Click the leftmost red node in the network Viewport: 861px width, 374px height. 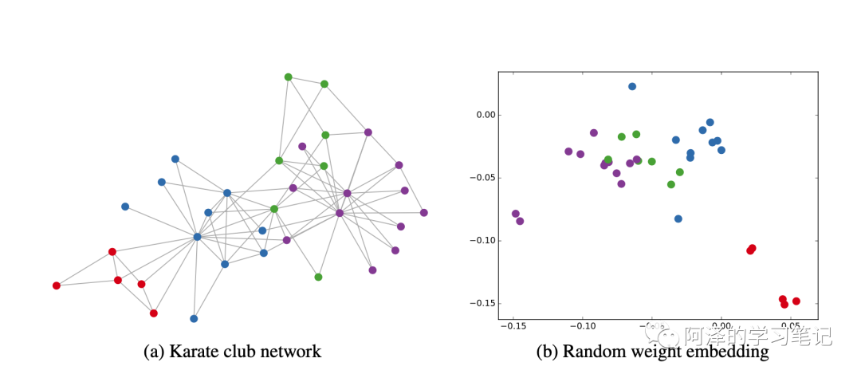[x=57, y=285]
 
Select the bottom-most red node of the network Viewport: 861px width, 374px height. [x=154, y=313]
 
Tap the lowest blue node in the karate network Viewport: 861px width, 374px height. [x=194, y=319]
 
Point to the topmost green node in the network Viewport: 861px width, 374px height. [x=289, y=77]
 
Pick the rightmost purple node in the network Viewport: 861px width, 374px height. [x=424, y=213]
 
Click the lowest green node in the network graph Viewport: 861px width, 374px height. [x=318, y=278]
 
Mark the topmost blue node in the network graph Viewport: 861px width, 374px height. [x=175, y=159]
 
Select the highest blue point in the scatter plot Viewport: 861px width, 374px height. [x=632, y=86]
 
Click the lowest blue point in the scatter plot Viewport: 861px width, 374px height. [x=678, y=218]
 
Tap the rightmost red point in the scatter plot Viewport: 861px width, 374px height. [x=796, y=301]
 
